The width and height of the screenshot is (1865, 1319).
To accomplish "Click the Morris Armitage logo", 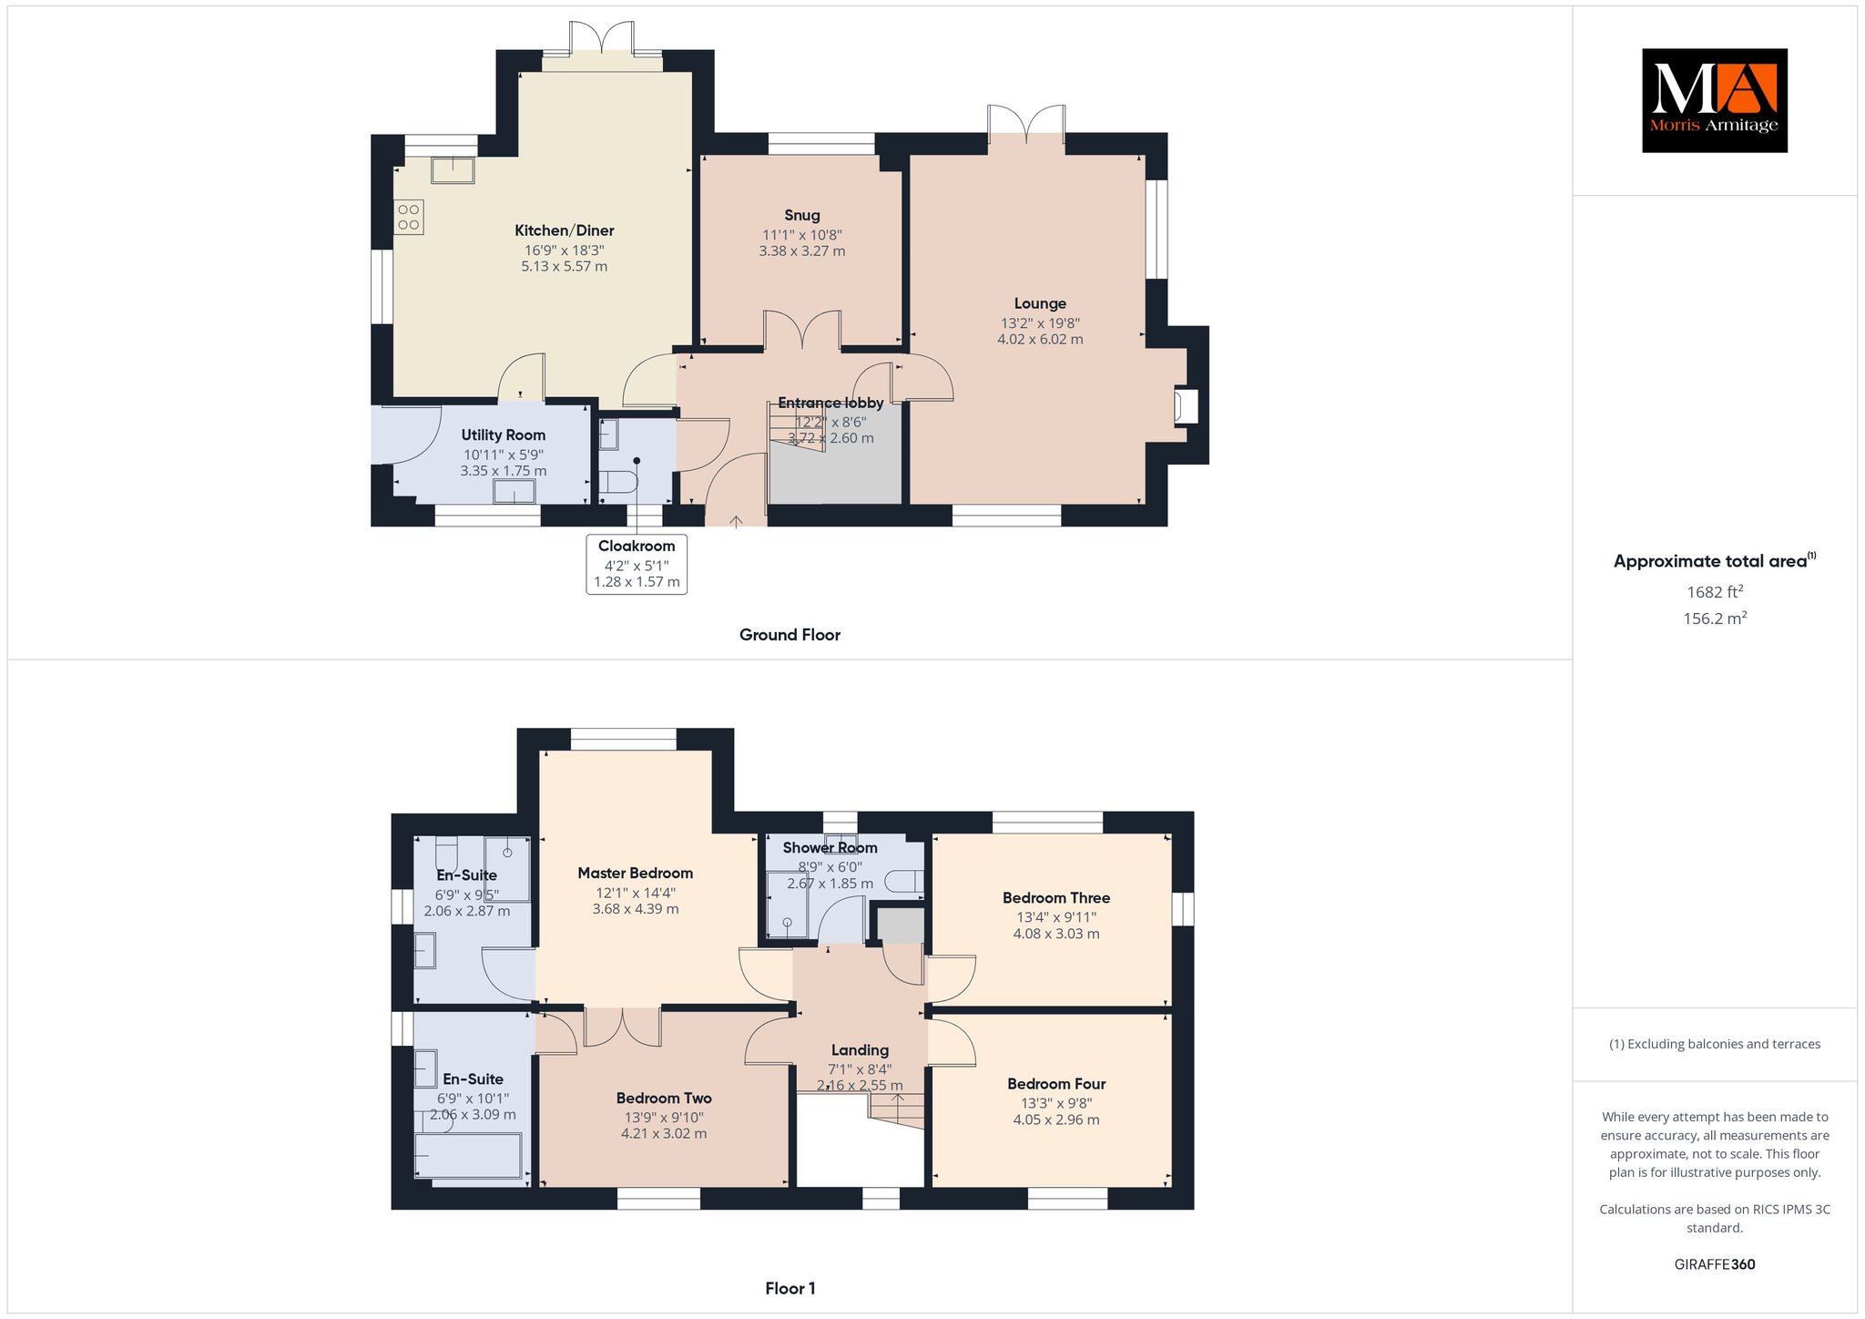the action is coord(1715,100).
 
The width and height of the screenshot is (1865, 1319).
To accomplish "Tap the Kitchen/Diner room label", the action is coord(565,230).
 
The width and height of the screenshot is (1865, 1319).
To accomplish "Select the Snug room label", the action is coord(802,215).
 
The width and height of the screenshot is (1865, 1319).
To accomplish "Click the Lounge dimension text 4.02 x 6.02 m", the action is coord(1040,340).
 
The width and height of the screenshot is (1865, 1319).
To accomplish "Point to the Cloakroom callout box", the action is coord(637,565).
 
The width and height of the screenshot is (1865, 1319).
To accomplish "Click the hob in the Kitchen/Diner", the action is coord(409,217).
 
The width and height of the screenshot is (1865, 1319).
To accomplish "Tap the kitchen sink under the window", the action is coord(453,170).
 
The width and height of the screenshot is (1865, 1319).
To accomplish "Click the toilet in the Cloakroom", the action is coord(620,482).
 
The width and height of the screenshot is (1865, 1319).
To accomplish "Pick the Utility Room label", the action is coord(504,435).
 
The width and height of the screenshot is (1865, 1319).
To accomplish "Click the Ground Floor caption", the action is coord(790,635).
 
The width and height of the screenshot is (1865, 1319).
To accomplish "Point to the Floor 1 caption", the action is coord(790,1288).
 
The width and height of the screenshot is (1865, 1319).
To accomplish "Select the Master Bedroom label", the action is coord(636,873).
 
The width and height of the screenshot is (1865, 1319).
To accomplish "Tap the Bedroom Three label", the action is coord(1056,897).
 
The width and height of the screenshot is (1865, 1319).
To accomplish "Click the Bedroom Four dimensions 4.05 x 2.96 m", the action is coord(1056,1120).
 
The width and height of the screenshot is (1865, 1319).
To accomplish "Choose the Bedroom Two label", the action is coord(664,1098).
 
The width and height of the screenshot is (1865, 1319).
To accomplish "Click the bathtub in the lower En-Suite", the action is coord(468,1158).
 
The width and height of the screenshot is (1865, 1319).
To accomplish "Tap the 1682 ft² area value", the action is coord(1715,591).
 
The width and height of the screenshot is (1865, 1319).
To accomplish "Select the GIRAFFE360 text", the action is coord(1715,1264).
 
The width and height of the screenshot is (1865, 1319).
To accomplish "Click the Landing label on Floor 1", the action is coord(860,1050).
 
